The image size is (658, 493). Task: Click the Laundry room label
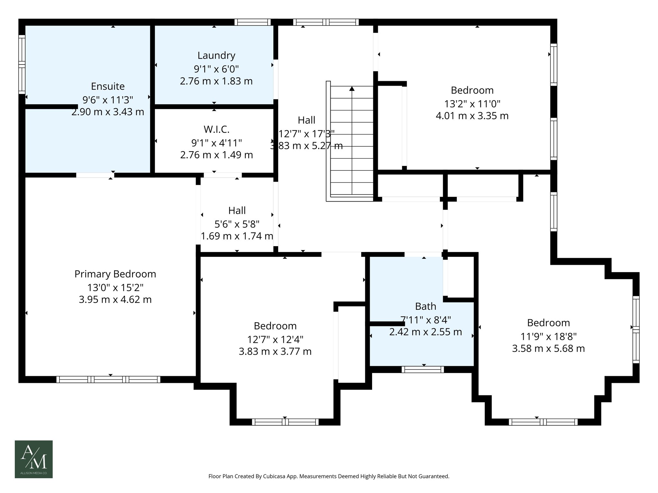click(x=216, y=56)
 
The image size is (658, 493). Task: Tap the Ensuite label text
click(x=108, y=86)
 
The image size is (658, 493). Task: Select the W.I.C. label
click(x=216, y=129)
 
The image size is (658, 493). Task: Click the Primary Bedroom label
click(x=115, y=274)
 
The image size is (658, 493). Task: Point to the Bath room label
click(x=425, y=307)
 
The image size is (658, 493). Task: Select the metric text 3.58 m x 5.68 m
click(x=548, y=349)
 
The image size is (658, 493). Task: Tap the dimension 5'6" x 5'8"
click(x=237, y=224)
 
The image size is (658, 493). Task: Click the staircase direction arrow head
click(x=352, y=89)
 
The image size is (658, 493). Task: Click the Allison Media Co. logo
click(x=34, y=459)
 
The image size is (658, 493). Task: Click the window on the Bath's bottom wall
click(x=422, y=369)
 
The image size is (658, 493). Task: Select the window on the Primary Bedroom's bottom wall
click(x=108, y=379)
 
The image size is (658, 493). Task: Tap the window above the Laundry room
click(x=252, y=22)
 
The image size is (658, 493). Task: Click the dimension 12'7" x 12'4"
click(x=275, y=339)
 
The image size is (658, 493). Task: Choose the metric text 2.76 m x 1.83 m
click(x=216, y=81)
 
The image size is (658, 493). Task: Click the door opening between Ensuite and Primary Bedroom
click(x=95, y=175)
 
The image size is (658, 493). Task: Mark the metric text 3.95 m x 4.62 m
click(x=115, y=300)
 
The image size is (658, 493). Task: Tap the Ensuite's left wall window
click(x=22, y=64)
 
